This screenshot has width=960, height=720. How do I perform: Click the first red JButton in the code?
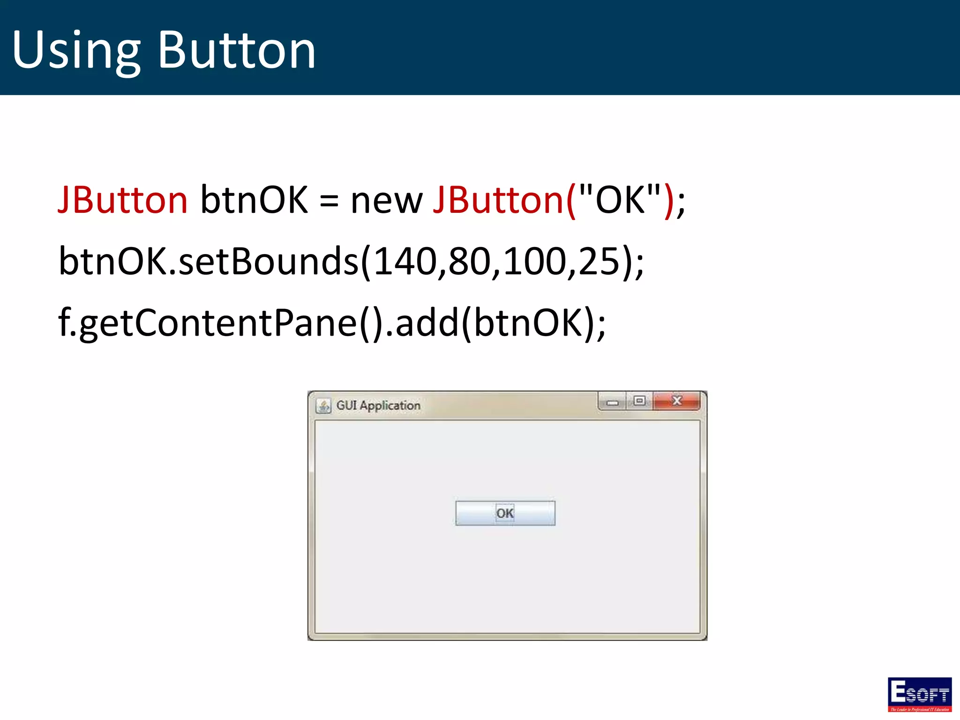click(x=123, y=200)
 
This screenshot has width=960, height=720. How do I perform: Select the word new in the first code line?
click(x=386, y=201)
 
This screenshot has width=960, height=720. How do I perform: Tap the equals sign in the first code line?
click(x=329, y=201)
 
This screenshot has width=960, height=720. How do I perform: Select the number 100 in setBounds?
click(x=534, y=261)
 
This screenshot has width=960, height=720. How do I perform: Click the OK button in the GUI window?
click(x=505, y=513)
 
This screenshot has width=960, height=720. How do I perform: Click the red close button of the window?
click(x=676, y=401)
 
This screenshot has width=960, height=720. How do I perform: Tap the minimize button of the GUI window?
click(x=612, y=402)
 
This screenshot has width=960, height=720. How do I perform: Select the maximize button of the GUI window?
click(x=639, y=401)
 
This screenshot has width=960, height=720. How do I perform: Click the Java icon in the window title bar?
click(x=323, y=405)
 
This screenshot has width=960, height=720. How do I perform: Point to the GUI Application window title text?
click(x=378, y=405)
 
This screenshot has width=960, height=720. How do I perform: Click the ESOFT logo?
click(x=919, y=694)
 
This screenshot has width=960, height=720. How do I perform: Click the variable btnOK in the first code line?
click(x=254, y=200)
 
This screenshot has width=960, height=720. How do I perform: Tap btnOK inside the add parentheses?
click(x=527, y=322)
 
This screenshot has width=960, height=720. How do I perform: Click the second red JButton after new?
click(x=498, y=200)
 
